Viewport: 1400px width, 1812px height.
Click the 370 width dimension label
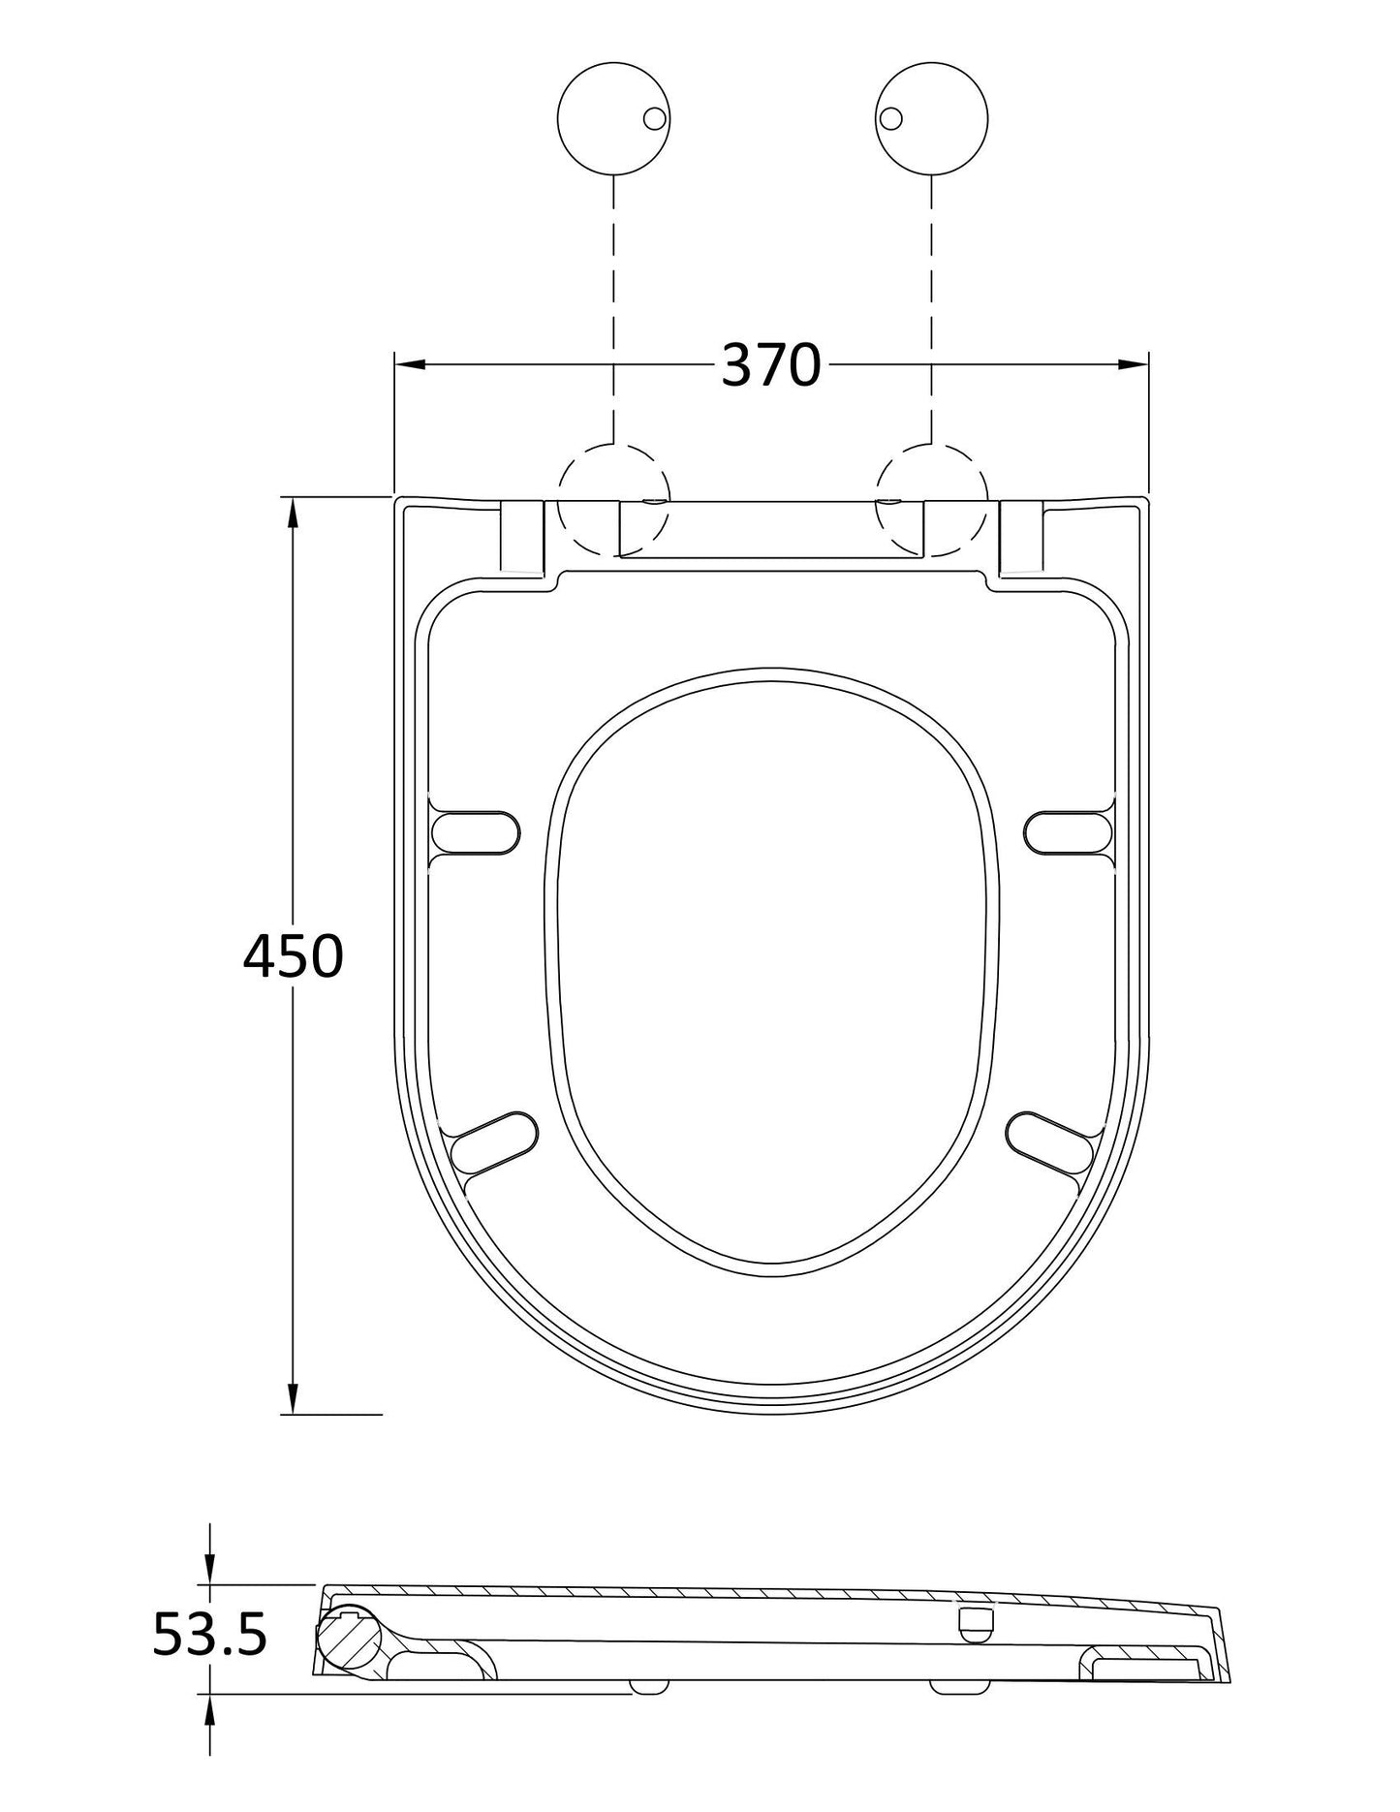(x=770, y=365)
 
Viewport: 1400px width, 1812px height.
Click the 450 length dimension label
(x=293, y=956)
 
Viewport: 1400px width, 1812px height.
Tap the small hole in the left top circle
(x=655, y=118)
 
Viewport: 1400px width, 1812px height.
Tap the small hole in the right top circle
(x=890, y=118)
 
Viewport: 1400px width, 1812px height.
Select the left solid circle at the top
(x=613, y=118)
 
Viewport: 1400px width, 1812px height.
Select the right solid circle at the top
(x=931, y=118)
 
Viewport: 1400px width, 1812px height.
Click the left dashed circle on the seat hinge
(x=613, y=500)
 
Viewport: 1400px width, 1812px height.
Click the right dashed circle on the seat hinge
(x=931, y=500)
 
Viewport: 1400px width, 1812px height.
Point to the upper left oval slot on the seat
(x=475, y=832)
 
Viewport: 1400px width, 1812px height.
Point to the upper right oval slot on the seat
(x=1068, y=832)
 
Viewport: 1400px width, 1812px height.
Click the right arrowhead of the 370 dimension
(x=1134, y=364)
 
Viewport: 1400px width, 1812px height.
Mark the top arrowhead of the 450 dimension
(x=292, y=512)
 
